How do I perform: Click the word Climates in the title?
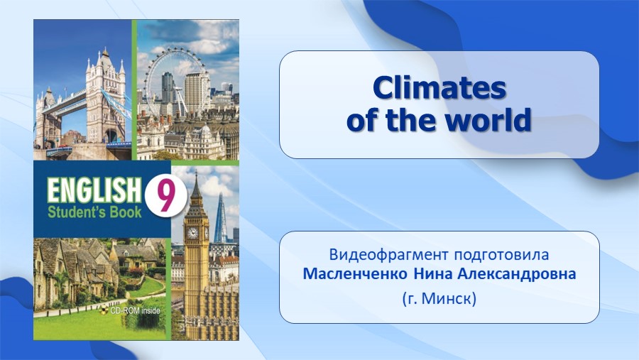[x=439, y=87]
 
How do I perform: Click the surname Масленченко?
[x=355, y=274]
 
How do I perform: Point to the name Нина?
[x=433, y=274]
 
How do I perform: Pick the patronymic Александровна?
[x=517, y=274]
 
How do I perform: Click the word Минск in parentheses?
[x=447, y=299]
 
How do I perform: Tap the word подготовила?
[x=501, y=255]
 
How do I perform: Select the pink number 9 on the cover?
[x=166, y=197]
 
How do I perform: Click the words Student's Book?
[x=94, y=212]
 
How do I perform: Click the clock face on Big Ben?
[x=192, y=233]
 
